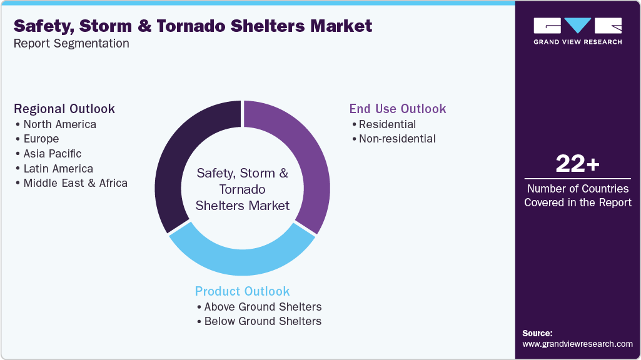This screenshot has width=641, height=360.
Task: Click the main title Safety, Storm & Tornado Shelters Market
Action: coord(193,26)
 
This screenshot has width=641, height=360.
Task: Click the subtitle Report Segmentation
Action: coord(71,43)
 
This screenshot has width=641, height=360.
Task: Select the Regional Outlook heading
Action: coord(64,109)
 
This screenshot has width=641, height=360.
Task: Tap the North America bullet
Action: coord(59,124)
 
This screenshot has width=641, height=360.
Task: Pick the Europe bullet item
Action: coord(41,139)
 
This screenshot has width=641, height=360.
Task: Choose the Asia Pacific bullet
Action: coord(52,154)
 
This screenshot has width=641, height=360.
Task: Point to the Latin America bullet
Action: coord(58,169)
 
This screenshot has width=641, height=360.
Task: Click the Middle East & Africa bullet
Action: coord(75,183)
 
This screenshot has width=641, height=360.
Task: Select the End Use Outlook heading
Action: coord(398,109)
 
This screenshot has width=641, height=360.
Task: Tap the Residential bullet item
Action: coord(387,124)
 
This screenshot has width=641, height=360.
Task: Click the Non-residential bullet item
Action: coord(397,139)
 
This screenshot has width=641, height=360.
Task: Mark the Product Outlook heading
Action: coord(243,291)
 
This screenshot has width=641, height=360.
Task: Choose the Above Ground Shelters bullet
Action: coord(263,307)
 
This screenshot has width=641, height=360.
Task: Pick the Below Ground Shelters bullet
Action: coord(263,321)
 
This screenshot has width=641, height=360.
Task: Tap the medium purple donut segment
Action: coord(306,156)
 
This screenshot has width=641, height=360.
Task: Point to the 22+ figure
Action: coord(577,165)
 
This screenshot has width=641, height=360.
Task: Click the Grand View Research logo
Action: coord(577,31)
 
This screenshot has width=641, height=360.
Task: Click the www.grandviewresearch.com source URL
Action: coord(577,344)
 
